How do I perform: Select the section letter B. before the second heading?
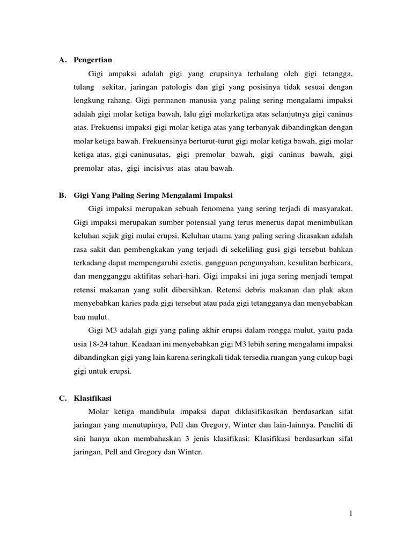tap(62, 194)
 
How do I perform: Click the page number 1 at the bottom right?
tap(350, 513)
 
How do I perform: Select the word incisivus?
tap(157, 168)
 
